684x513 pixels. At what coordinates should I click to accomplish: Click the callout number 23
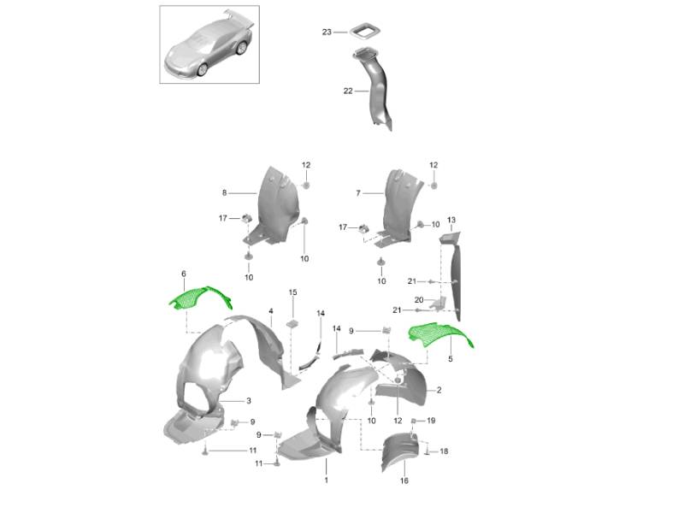click(x=327, y=32)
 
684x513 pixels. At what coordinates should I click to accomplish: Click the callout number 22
click(x=348, y=91)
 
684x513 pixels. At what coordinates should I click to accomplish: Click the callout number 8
click(x=224, y=193)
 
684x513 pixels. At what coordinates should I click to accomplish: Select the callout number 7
click(x=358, y=193)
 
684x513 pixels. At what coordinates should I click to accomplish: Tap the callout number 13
click(x=451, y=221)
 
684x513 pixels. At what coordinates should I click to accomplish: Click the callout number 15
click(x=292, y=292)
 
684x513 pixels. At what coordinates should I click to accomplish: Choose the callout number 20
click(x=419, y=300)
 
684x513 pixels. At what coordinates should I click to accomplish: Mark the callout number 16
click(x=404, y=481)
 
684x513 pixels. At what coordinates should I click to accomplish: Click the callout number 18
click(x=444, y=451)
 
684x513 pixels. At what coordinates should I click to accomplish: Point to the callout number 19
click(x=431, y=421)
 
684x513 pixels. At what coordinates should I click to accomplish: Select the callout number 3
click(x=249, y=401)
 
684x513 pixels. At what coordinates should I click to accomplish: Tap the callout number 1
click(x=327, y=481)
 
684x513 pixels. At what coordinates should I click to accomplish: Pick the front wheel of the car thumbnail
click(x=203, y=69)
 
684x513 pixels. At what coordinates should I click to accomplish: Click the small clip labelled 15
click(x=292, y=324)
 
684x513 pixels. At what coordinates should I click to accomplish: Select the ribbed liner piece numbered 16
click(x=399, y=451)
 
